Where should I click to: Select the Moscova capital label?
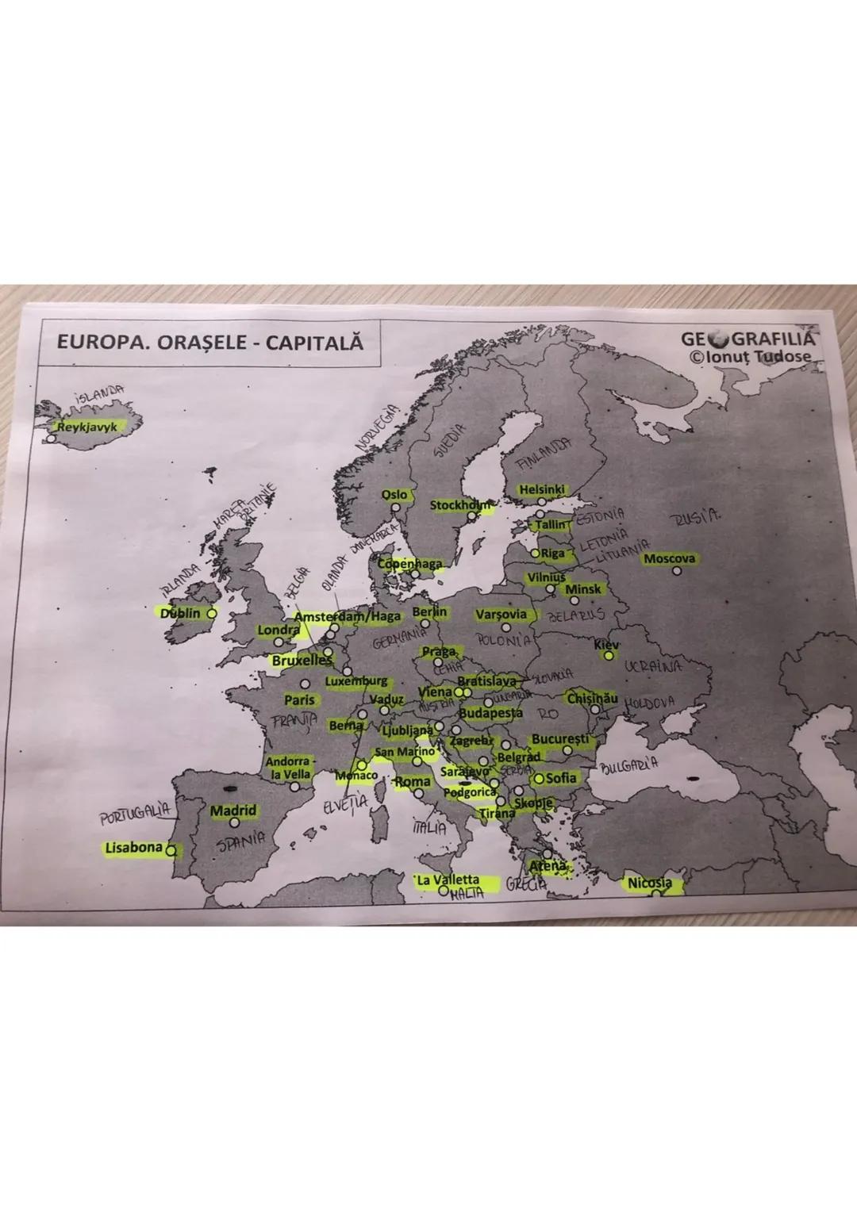point(669,558)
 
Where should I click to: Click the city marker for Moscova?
point(677,570)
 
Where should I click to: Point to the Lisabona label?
point(133,847)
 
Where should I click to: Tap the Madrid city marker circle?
point(234,823)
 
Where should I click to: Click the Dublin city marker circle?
point(212,613)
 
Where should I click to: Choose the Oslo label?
point(394,494)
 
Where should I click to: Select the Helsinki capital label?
point(542,489)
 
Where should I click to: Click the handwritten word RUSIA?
point(696,518)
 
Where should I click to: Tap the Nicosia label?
point(650,883)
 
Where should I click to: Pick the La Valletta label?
point(448,880)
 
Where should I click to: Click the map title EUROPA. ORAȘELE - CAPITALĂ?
point(209,343)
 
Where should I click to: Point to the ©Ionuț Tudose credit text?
point(751,357)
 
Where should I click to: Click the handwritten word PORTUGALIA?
point(135,814)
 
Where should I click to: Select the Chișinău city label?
point(591,698)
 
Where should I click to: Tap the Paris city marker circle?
point(305,684)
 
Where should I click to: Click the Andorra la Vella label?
point(287,767)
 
